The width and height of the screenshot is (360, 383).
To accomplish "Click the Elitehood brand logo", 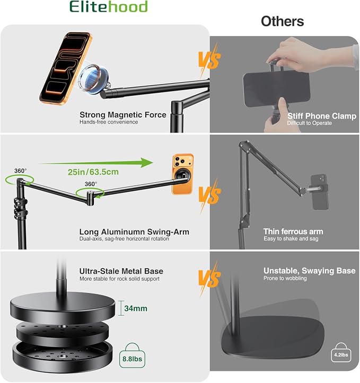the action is click(109, 6).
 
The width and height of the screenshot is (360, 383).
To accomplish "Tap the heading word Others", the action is click(282, 21).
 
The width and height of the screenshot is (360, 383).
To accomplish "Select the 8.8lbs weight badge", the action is click(132, 355).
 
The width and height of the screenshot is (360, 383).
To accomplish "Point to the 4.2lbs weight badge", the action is click(341, 352).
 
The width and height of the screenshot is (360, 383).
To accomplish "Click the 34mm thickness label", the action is click(136, 308).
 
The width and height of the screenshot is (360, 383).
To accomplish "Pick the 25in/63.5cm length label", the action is click(93, 172).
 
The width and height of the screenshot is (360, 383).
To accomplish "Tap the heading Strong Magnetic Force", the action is click(123, 115).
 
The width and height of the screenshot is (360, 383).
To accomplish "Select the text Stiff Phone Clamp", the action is click(322, 116).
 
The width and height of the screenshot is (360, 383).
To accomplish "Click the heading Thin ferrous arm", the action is click(293, 231).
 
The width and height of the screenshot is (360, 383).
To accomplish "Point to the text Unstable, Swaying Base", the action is click(310, 271).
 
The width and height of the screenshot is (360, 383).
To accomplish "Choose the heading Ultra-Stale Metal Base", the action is click(121, 271).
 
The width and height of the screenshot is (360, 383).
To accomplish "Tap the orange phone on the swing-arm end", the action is click(182, 174).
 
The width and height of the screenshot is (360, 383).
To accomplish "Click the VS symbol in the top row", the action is click(209, 60).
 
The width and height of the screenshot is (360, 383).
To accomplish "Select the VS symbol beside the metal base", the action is click(209, 279).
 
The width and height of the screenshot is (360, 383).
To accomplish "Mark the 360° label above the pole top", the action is click(21, 171).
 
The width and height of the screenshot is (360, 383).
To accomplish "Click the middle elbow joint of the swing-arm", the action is click(91, 198).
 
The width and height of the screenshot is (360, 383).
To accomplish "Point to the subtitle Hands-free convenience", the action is click(109, 122).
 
